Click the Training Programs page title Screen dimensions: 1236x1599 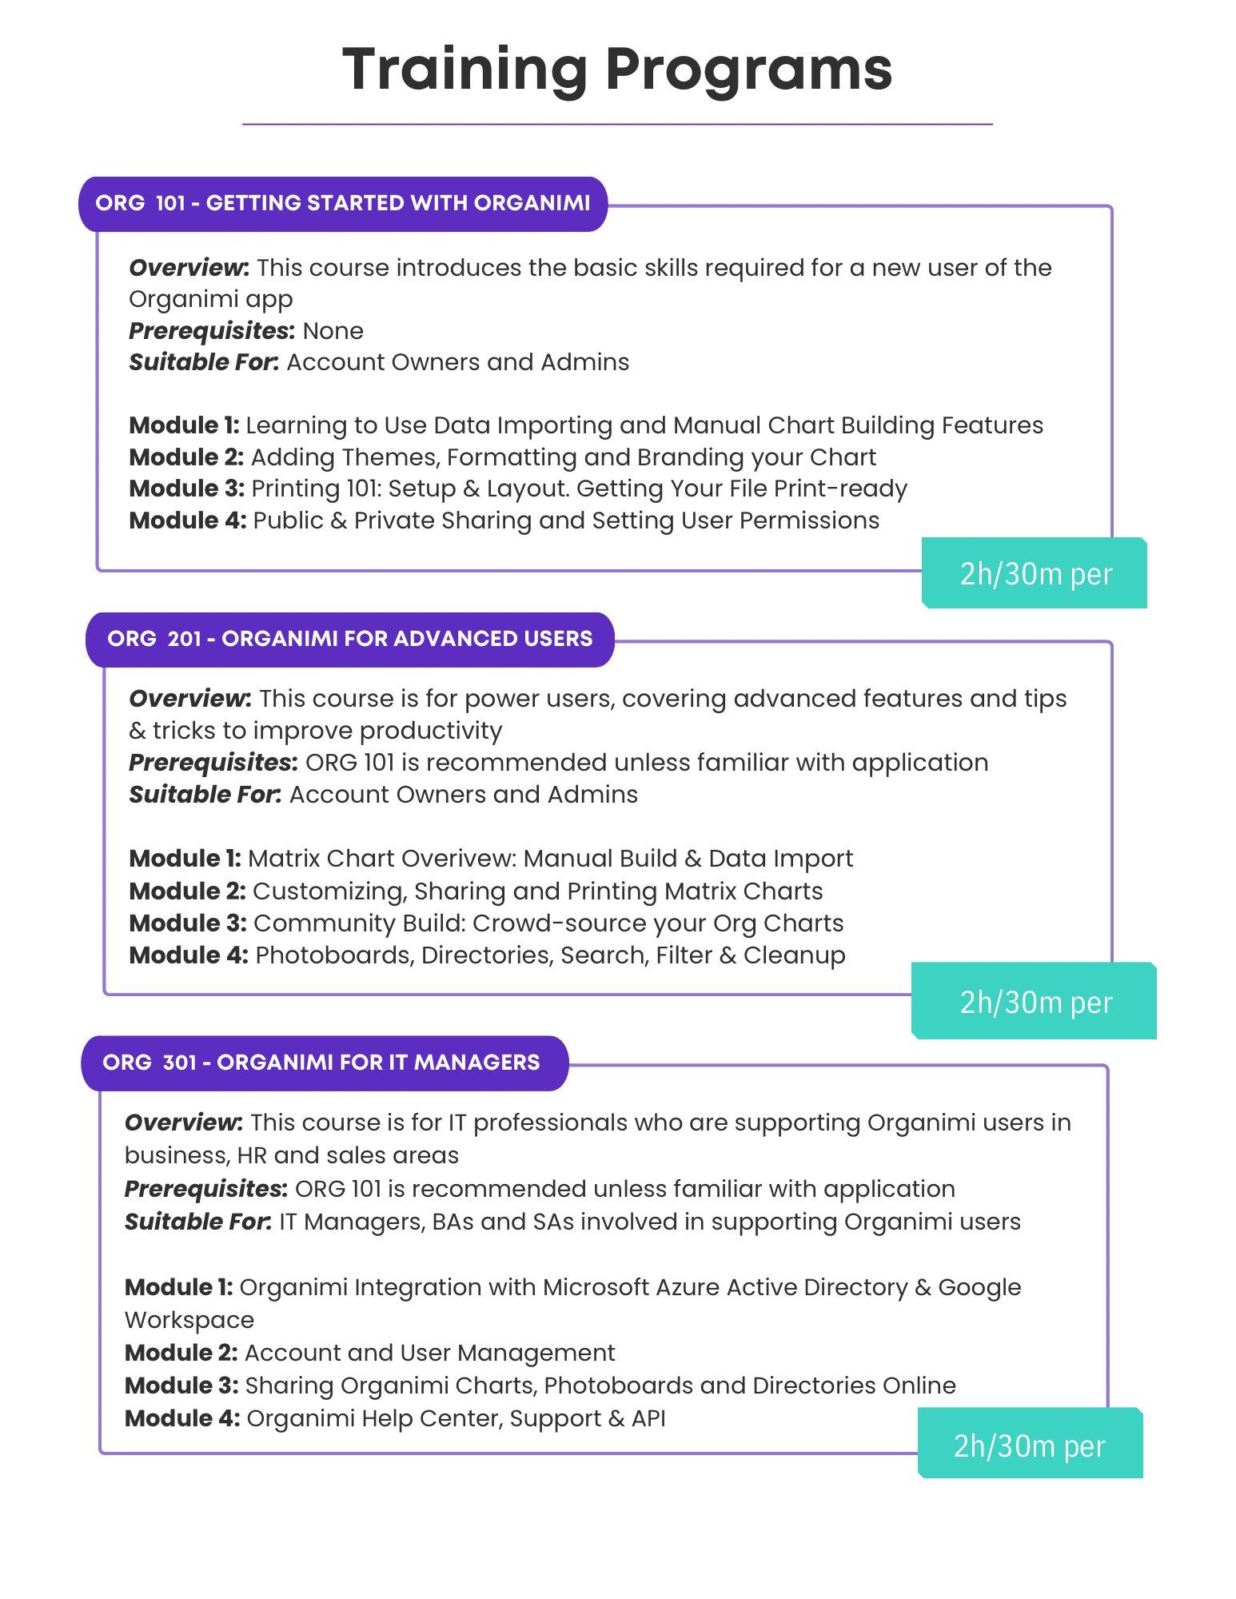(617, 70)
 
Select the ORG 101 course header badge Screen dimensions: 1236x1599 (343, 204)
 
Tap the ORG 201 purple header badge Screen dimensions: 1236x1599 (350, 640)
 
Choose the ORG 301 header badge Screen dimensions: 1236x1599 (325, 1063)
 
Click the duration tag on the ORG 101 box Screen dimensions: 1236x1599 (1035, 573)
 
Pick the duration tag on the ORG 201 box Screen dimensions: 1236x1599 (1035, 1001)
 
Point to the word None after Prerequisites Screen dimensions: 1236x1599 (333, 331)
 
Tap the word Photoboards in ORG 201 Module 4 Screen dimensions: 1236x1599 (333, 955)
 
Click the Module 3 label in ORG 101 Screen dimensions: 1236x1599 (187, 488)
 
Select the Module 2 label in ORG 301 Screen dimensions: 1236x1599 (181, 1353)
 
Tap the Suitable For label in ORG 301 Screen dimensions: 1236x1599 (198, 1222)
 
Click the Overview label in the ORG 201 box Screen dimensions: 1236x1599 (190, 699)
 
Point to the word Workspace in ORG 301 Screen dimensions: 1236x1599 (189, 1320)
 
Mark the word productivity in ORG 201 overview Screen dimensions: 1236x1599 (431, 732)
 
